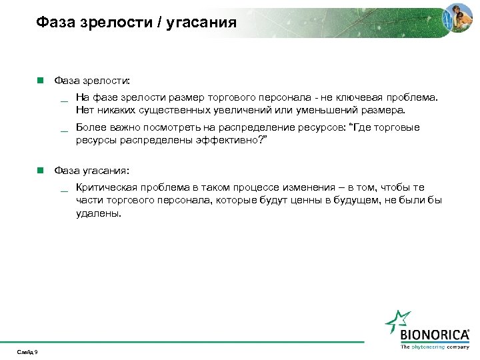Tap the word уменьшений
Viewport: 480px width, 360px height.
pos(323,109)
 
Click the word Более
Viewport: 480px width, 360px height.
pos(91,127)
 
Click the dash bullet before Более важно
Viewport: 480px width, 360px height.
pos(64,129)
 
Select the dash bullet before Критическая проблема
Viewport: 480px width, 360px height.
pos(64,190)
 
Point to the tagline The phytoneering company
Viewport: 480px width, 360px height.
pos(435,347)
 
